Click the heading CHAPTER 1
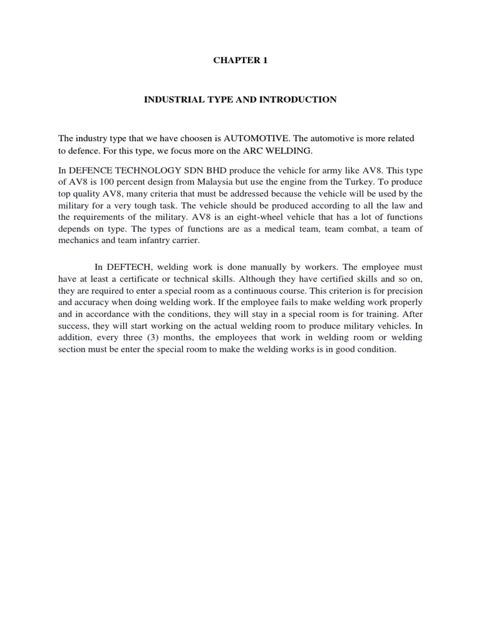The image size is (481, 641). tap(240, 61)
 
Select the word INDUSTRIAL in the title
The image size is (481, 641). tap(171, 100)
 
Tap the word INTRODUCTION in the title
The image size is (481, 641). tap(303, 100)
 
